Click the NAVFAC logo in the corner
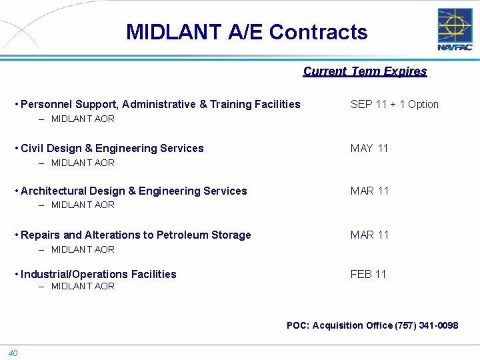tap(455, 29)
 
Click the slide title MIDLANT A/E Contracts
tap(247, 32)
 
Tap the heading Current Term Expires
tap(365, 71)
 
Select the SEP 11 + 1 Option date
tap(395, 104)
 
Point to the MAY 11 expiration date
tap(369, 148)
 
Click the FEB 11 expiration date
tap(369, 274)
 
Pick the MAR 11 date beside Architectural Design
tap(369, 191)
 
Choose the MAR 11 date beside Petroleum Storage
tap(369, 235)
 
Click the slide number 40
tap(13, 353)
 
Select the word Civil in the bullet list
tap(32, 148)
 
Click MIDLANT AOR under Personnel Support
tap(83, 119)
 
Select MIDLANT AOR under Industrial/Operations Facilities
tap(83, 286)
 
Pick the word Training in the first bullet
tap(231, 104)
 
